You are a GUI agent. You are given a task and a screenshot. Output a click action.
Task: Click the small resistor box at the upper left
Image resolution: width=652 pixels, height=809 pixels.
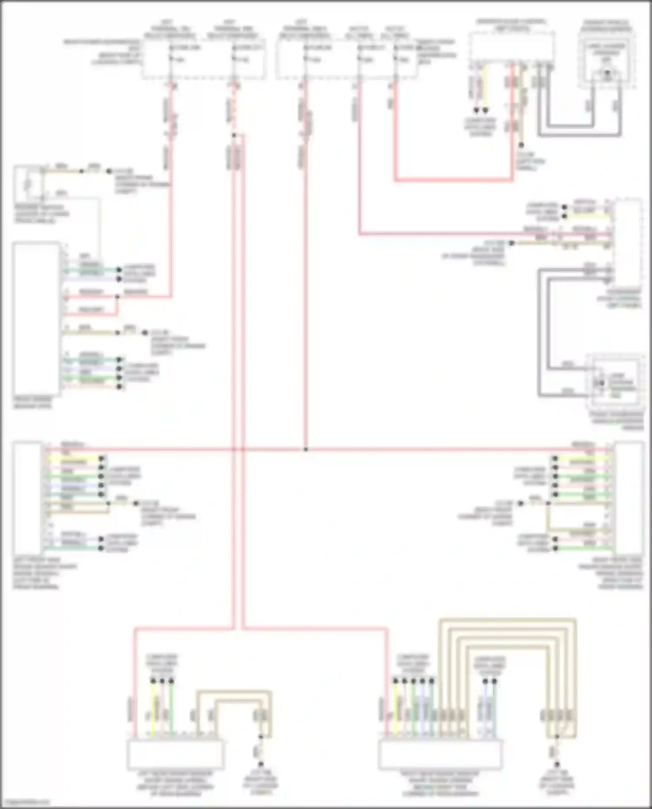pos(28,184)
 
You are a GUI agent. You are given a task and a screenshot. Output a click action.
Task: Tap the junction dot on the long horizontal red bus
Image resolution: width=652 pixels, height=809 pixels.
pos(306,449)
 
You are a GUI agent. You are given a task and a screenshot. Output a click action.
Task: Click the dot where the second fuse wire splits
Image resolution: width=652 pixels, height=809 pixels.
pos(234,135)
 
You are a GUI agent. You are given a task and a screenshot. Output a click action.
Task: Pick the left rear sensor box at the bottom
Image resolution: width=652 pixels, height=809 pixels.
pos(176,755)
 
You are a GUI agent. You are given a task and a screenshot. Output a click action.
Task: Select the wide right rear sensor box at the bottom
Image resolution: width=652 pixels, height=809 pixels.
pos(440,755)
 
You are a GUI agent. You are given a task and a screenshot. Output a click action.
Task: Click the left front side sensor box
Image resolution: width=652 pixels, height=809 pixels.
pos(27,498)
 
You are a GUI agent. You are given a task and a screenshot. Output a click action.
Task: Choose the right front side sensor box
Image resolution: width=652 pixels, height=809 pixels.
pos(629,498)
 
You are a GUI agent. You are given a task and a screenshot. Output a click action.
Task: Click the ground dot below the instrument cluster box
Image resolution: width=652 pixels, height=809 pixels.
pos(521,145)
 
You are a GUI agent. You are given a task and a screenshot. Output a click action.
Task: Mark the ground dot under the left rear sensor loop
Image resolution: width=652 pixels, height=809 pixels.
pos(261,763)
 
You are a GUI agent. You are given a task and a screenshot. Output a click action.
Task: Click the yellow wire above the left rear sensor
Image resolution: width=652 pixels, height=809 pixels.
pos(153,709)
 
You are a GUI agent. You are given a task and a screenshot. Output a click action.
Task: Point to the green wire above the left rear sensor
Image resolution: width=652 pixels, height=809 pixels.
pos(171,709)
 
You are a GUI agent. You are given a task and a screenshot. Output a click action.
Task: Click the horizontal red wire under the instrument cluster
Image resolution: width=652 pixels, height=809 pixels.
pos(454,179)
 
